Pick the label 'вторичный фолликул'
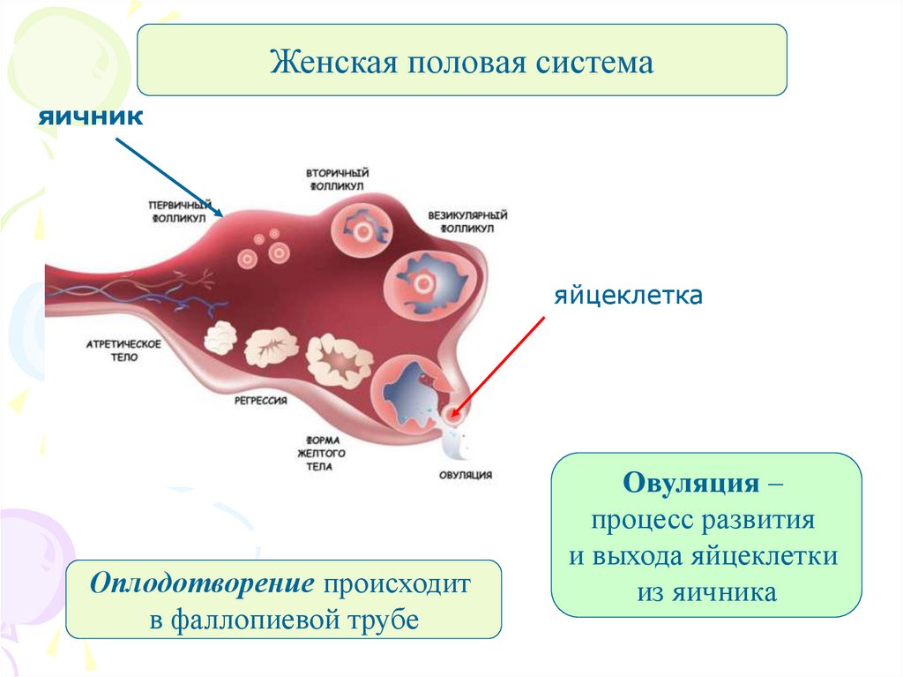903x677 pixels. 337,178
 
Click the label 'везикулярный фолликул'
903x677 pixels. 467,221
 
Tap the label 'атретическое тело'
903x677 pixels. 124,350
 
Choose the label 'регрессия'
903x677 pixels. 262,400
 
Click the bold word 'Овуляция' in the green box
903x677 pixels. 690,483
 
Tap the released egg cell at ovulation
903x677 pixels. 453,413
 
